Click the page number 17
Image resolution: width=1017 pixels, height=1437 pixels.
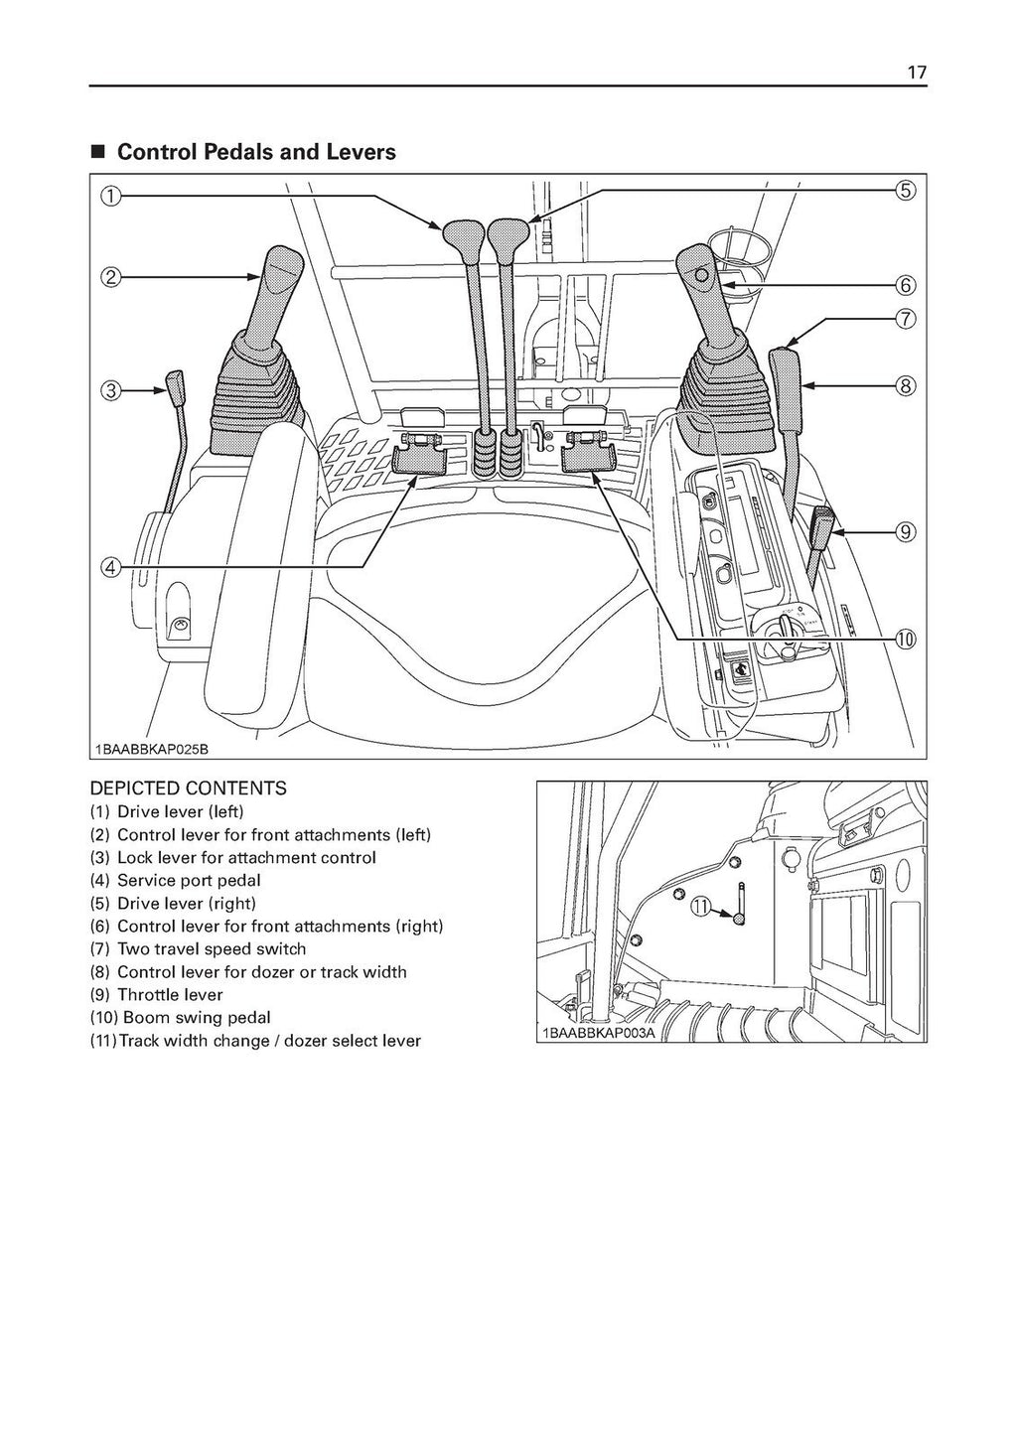pos(916,72)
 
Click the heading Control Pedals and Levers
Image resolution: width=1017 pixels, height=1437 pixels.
pos(256,152)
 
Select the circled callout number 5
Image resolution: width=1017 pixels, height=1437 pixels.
pos(906,190)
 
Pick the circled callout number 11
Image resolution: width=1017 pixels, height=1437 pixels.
pos(701,907)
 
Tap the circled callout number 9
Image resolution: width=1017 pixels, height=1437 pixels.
pos(906,531)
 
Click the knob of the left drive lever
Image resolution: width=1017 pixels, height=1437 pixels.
pos(462,234)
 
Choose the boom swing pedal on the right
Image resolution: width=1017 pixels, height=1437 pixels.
pos(588,457)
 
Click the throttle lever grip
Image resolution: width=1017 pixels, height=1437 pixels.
pos(825,522)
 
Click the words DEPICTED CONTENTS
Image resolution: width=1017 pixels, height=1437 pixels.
pos(188,789)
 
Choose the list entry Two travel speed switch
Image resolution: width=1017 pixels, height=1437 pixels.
pos(211,949)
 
